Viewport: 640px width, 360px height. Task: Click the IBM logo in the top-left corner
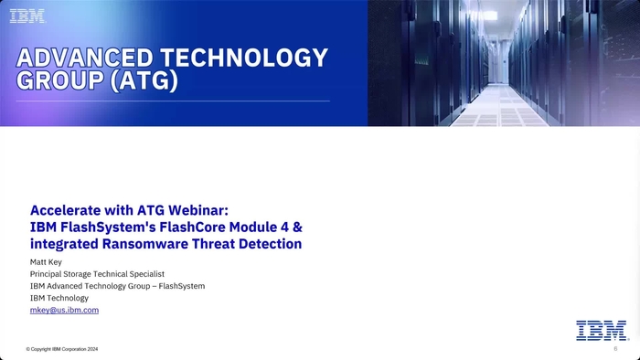27,16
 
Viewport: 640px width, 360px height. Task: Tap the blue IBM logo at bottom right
602,331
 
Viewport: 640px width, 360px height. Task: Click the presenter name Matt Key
46,262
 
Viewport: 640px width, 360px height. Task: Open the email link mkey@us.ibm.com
64,311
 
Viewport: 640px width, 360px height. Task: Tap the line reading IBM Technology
59,298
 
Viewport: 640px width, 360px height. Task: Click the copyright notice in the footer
62,349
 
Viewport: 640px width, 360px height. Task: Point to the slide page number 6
615,348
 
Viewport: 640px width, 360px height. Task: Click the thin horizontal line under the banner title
174,101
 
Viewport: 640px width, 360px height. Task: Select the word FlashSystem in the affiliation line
181,286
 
